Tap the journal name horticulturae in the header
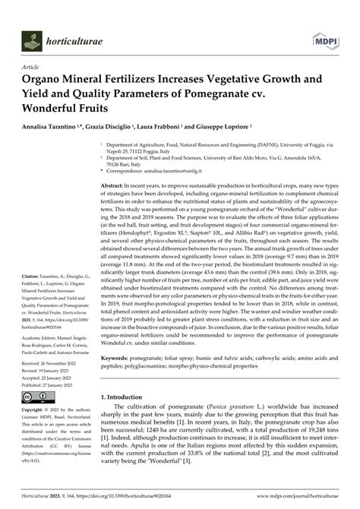pyautogui.click(x=75, y=38)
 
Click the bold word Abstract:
pyautogui.click(x=117, y=185)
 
